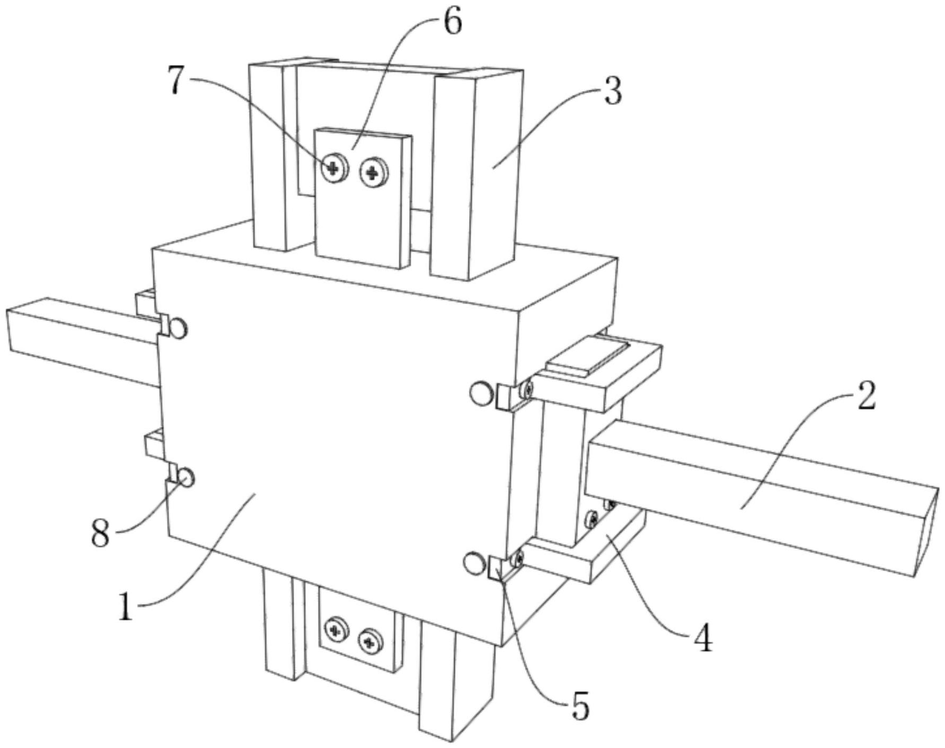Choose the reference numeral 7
coord(179,79)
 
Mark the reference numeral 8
coord(101,533)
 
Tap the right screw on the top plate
coord(374,172)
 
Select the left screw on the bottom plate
coord(335,630)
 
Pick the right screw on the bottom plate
coord(369,642)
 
